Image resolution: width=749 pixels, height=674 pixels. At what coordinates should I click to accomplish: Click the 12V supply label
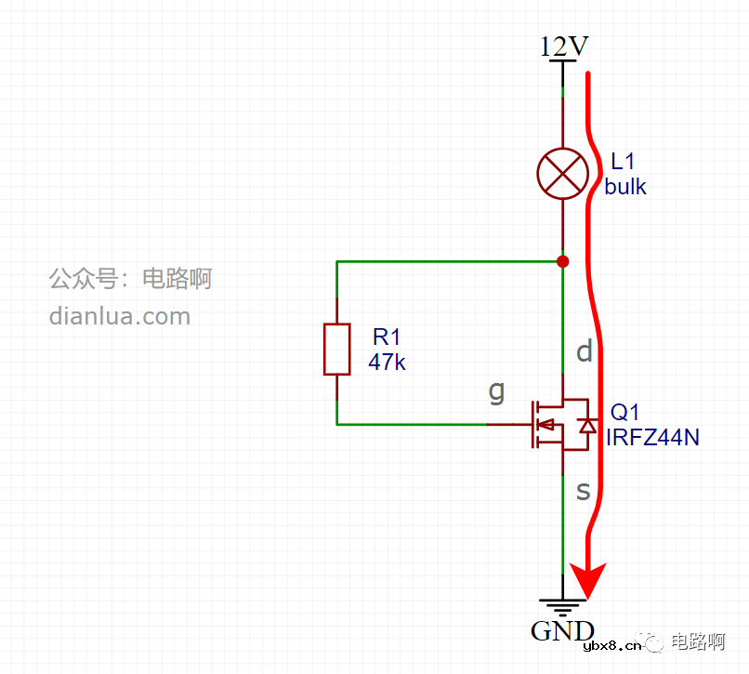point(563,46)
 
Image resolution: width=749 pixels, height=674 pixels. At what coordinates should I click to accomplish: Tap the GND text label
point(562,631)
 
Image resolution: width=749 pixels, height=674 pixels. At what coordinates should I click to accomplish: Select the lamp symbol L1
point(563,173)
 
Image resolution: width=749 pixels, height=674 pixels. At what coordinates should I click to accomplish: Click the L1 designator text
point(623,162)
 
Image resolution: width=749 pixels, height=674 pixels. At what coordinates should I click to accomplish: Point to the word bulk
point(625,186)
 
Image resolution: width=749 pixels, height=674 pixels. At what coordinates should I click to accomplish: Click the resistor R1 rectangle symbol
point(336,350)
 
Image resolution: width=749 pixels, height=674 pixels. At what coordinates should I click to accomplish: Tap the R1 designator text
point(386,337)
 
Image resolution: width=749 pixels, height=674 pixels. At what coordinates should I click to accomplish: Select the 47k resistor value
point(387,362)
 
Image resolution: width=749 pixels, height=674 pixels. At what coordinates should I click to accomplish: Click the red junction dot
point(562,261)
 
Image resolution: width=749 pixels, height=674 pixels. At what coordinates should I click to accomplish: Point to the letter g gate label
point(497,391)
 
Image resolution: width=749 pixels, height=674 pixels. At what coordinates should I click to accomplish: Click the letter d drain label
point(585,350)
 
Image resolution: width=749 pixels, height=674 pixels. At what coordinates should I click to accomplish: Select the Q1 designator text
point(624,412)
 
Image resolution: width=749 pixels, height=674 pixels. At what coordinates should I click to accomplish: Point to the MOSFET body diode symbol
point(586,425)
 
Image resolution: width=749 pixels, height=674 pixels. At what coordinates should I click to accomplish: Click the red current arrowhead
point(587,581)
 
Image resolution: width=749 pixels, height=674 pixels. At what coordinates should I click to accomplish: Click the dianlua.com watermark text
point(120,316)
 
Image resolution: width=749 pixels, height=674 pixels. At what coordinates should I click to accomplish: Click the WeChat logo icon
point(654,642)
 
